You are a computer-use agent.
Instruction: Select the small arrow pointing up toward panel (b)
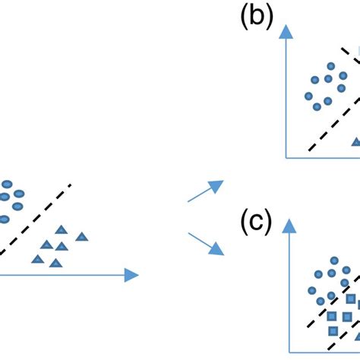click(x=206, y=191)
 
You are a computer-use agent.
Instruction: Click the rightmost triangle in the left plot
click(x=82, y=237)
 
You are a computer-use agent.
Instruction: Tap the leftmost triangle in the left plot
click(x=36, y=258)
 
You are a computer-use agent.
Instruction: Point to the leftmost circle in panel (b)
click(x=308, y=96)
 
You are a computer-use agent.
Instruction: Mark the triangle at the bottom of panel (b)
click(x=355, y=142)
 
